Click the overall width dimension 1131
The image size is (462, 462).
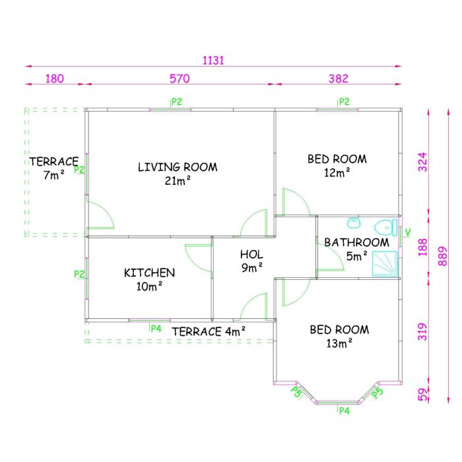(213, 61)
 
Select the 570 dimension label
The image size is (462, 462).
(180, 79)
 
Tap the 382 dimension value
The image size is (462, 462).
(339, 79)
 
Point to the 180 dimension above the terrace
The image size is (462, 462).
(55, 79)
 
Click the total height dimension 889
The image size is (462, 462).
(443, 256)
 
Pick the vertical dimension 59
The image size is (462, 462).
(423, 395)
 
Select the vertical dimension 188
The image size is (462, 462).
(422, 247)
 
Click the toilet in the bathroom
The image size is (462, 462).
(385, 228)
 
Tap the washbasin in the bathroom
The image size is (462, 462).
(354, 223)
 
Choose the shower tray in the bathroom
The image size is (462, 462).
(385, 264)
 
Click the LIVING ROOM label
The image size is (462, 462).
(178, 167)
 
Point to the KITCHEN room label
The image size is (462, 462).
(149, 273)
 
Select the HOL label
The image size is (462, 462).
(251, 254)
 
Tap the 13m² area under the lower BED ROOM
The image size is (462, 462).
(339, 343)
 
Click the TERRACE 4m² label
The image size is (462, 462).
(209, 332)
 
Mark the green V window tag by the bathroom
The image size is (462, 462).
(408, 232)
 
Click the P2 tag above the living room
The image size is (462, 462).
(177, 102)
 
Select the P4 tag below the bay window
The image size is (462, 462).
(344, 411)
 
